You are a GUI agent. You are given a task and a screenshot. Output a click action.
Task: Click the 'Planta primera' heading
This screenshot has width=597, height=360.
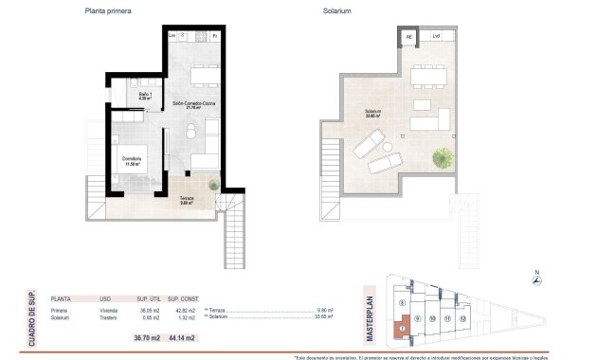109,12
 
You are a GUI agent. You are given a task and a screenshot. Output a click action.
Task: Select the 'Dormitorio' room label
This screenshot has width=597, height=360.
131,160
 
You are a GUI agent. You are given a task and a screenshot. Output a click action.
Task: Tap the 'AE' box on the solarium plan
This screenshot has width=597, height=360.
409,37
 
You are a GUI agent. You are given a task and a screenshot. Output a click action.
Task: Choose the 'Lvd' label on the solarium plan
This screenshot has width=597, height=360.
437,37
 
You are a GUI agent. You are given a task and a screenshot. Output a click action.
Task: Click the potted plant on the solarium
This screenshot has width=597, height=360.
442,156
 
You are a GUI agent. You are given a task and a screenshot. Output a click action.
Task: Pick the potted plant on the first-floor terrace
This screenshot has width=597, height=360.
215,184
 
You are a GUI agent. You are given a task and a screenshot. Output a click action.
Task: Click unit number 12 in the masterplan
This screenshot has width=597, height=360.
462,319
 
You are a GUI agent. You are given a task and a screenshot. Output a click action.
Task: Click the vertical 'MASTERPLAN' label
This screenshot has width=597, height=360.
371,319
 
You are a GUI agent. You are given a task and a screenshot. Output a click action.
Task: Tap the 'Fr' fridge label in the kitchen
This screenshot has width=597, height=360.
215,36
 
